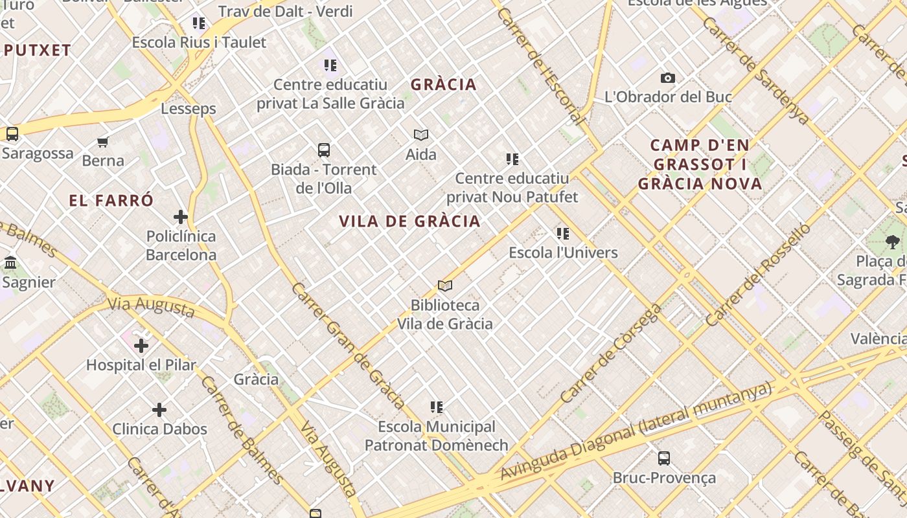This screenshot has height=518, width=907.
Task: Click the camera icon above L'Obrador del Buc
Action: pyautogui.click(x=668, y=78)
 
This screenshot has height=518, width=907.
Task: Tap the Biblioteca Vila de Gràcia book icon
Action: pyautogui.click(x=445, y=286)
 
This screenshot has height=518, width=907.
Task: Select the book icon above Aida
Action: pyautogui.click(x=421, y=135)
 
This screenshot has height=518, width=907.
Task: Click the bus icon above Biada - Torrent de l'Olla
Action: pyautogui.click(x=324, y=150)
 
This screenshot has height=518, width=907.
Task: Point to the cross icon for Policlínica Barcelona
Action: pyautogui.click(x=181, y=217)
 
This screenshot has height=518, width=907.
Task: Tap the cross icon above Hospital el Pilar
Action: pyautogui.click(x=141, y=346)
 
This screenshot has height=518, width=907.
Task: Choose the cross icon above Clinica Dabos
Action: pyautogui.click(x=159, y=410)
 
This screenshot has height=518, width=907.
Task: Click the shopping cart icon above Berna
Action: pyautogui.click(x=103, y=142)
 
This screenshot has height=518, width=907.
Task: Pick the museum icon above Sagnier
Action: pyautogui.click(x=10, y=263)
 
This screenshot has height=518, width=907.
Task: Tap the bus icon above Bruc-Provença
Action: pyautogui.click(x=664, y=458)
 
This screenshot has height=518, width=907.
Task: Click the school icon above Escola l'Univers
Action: pyautogui.click(x=563, y=233)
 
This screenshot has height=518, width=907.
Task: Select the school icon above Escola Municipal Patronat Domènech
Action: pyautogui.click(x=437, y=407)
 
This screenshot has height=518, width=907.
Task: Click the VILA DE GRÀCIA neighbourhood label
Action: pyautogui.click(x=409, y=221)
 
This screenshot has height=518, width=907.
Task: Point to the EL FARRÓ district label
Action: pyautogui.click(x=111, y=201)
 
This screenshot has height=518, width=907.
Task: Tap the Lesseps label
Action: pyautogui.click(x=189, y=108)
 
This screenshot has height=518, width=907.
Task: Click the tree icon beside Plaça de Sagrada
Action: pyautogui.click(x=893, y=242)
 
